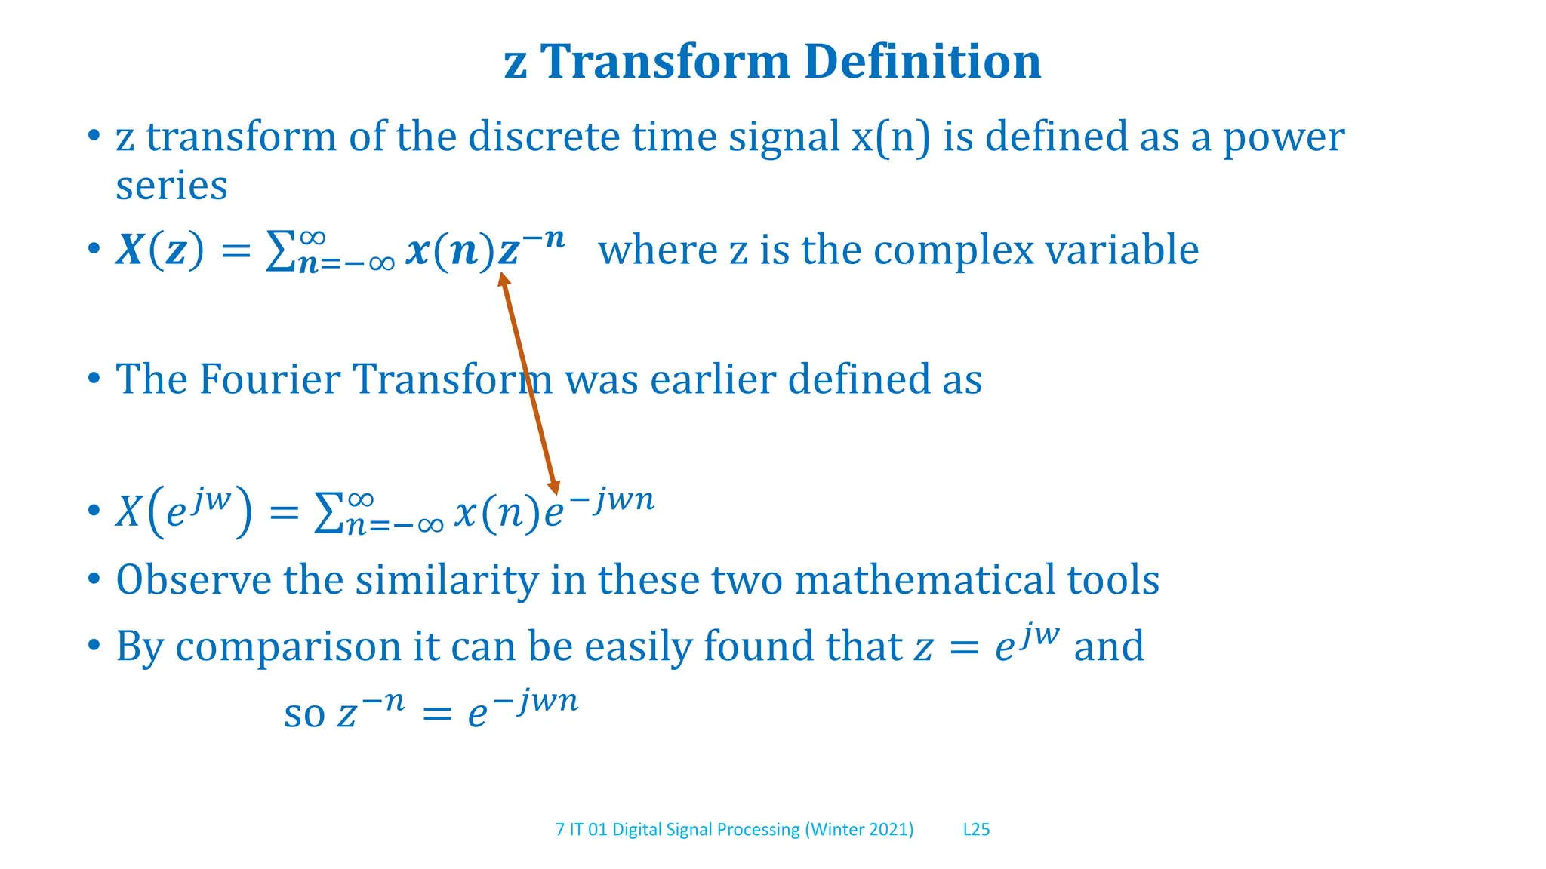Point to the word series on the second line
tap(171, 186)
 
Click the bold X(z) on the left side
tap(159, 250)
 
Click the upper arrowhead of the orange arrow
tap(504, 279)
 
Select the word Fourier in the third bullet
tap(269, 379)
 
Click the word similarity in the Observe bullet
tap(446, 580)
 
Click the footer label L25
tap(976, 830)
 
